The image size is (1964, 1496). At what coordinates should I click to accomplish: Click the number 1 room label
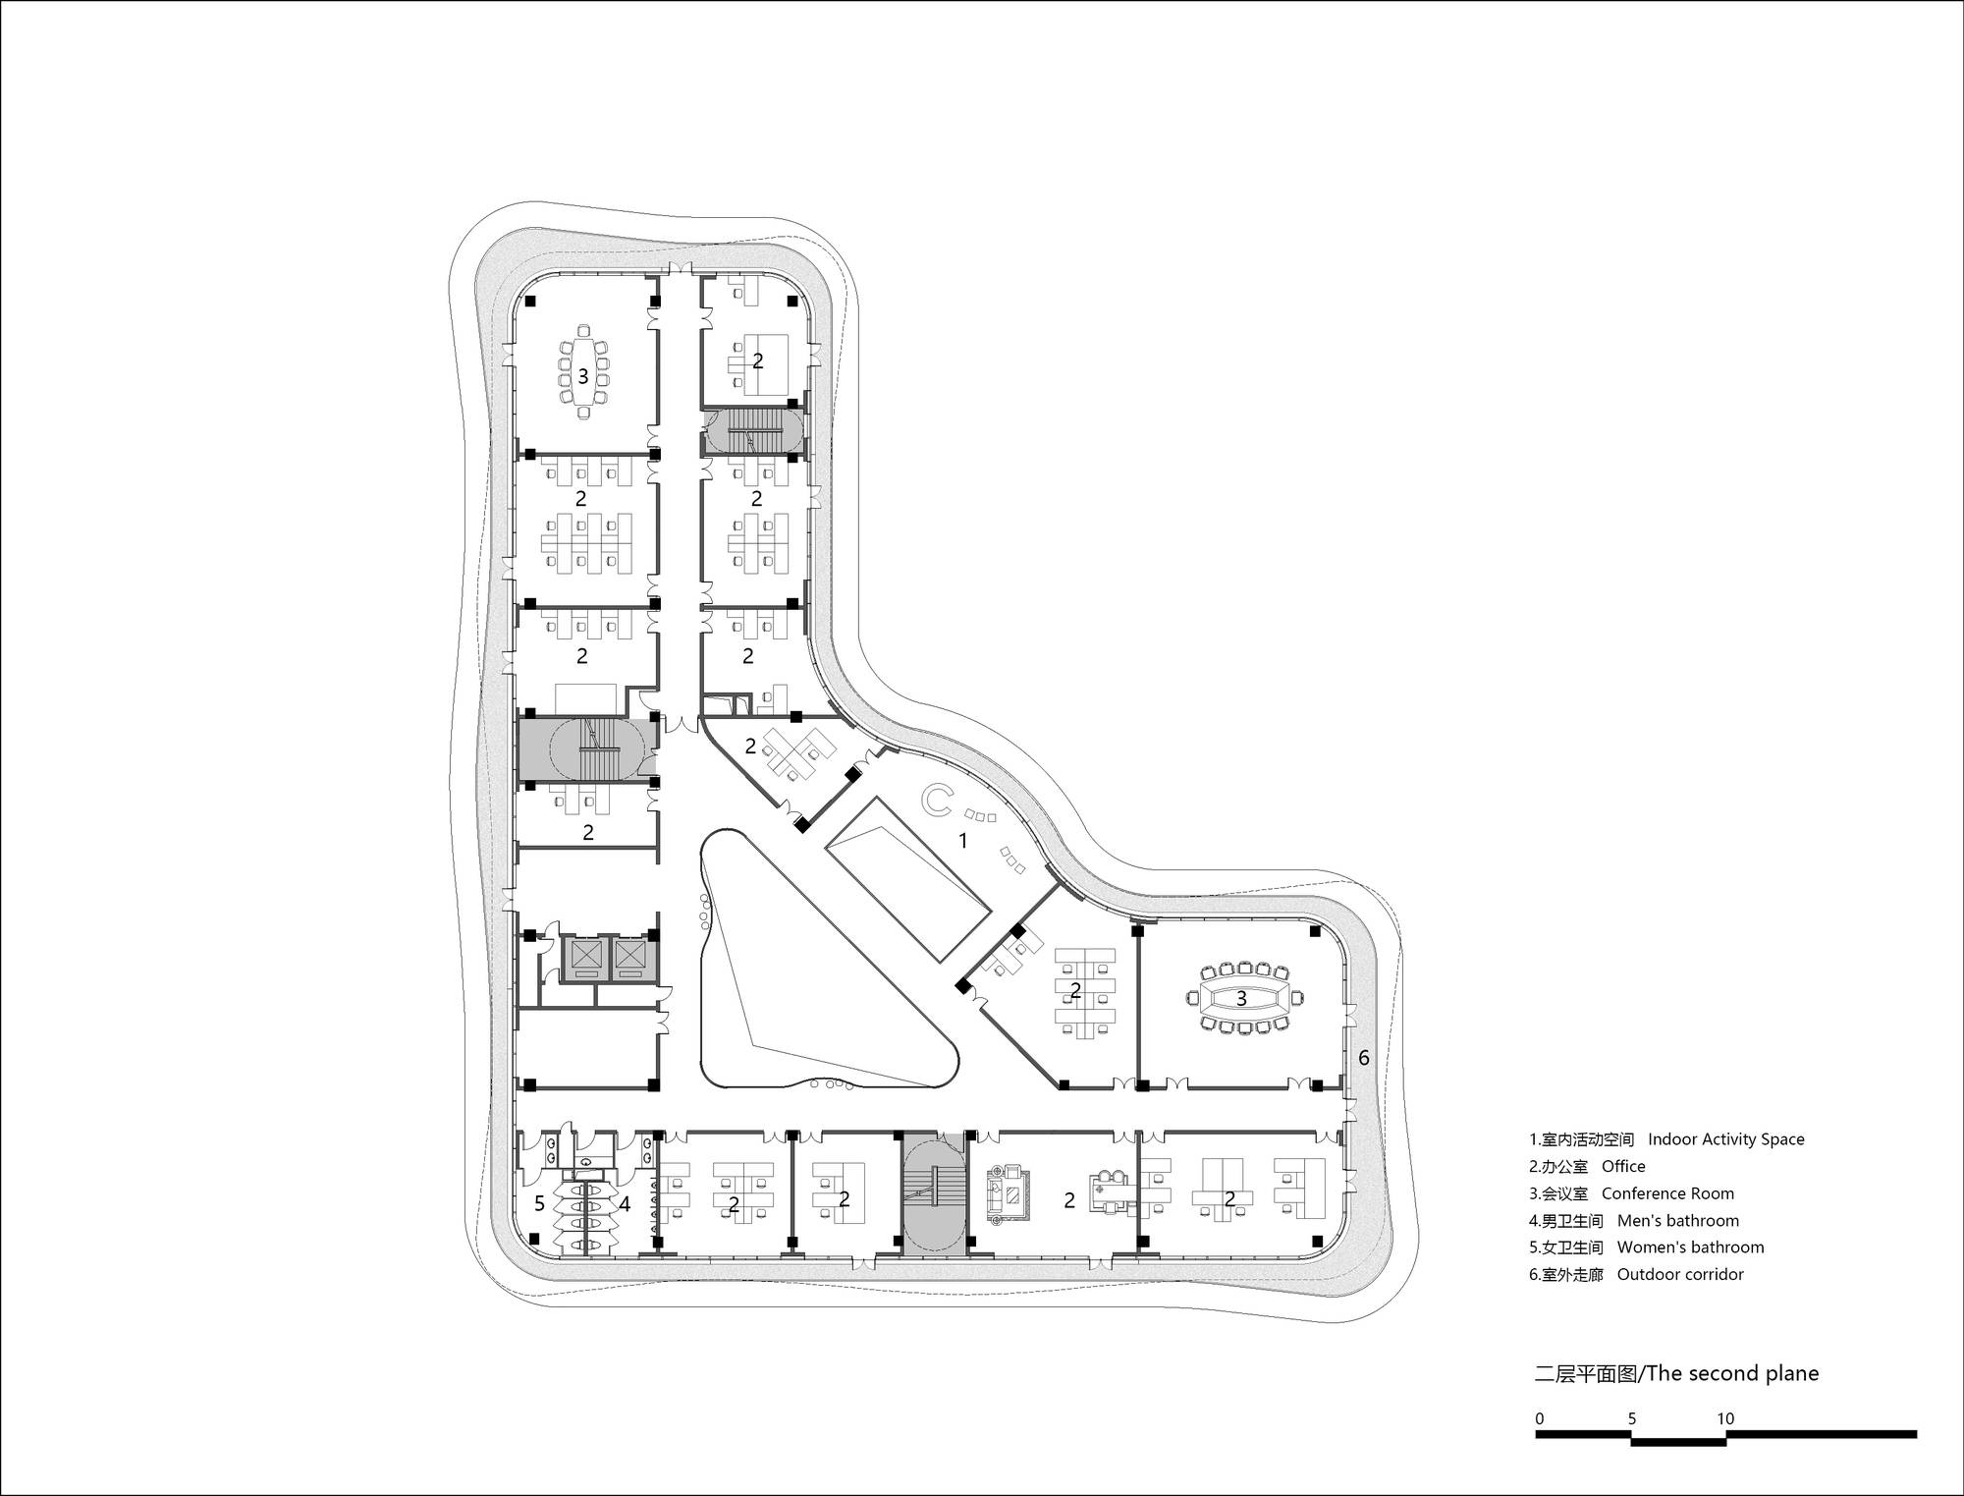tap(963, 841)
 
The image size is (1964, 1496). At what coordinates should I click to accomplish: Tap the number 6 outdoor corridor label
tap(1363, 1059)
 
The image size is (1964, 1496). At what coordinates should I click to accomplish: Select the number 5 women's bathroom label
tap(539, 1203)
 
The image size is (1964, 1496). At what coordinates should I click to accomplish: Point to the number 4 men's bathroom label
tap(624, 1203)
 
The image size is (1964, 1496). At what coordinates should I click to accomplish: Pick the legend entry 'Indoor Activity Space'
tap(1725, 1139)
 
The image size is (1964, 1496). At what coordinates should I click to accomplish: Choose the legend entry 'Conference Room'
tap(1667, 1193)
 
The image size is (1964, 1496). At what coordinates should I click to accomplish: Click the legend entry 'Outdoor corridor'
tap(1680, 1274)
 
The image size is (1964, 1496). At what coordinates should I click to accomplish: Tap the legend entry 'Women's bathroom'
tap(1690, 1247)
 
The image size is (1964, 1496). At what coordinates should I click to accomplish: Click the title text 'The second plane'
tap(1732, 1373)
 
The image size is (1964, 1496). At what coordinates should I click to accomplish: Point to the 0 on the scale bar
tap(1540, 1418)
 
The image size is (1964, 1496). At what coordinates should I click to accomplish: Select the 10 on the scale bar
tap(1725, 1418)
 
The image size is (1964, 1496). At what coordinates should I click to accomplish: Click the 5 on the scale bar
tap(1632, 1418)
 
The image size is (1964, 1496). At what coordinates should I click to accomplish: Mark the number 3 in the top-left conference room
tap(582, 376)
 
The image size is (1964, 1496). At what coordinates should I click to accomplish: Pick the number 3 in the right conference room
tap(1241, 998)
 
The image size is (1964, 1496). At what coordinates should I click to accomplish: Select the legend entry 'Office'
tap(1623, 1167)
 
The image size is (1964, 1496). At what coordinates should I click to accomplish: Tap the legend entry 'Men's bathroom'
tap(1678, 1221)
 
